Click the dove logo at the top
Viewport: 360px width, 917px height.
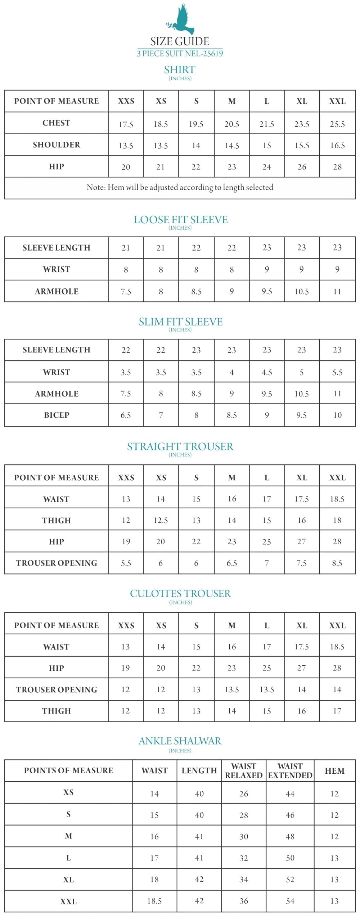(x=180, y=20)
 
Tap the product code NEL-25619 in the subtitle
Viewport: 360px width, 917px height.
(x=204, y=54)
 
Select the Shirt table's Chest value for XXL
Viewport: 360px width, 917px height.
(x=337, y=124)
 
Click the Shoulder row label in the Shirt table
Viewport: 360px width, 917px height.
(x=57, y=145)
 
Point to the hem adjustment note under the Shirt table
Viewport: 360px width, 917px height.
(x=180, y=187)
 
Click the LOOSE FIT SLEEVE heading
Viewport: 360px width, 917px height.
(x=180, y=220)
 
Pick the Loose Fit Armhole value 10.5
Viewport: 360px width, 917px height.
(x=302, y=292)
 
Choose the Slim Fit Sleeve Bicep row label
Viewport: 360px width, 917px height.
(x=57, y=415)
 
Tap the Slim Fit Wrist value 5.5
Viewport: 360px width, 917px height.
(x=337, y=372)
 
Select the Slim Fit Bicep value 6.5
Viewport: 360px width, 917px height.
(x=126, y=415)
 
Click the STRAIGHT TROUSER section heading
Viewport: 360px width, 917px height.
(x=180, y=446)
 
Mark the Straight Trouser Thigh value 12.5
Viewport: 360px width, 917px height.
(x=161, y=520)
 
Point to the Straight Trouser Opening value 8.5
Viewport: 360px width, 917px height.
(x=337, y=563)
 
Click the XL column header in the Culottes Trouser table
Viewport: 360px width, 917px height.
(x=302, y=625)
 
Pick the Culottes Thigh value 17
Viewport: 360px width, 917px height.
(x=337, y=711)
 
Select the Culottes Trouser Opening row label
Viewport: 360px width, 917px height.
(x=57, y=689)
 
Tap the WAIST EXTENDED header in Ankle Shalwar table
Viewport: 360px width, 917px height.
(x=290, y=770)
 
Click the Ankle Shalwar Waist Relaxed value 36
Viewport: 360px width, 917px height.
(x=244, y=901)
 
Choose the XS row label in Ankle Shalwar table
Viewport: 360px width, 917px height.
(x=68, y=792)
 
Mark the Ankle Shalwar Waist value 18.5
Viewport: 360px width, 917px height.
(x=154, y=901)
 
